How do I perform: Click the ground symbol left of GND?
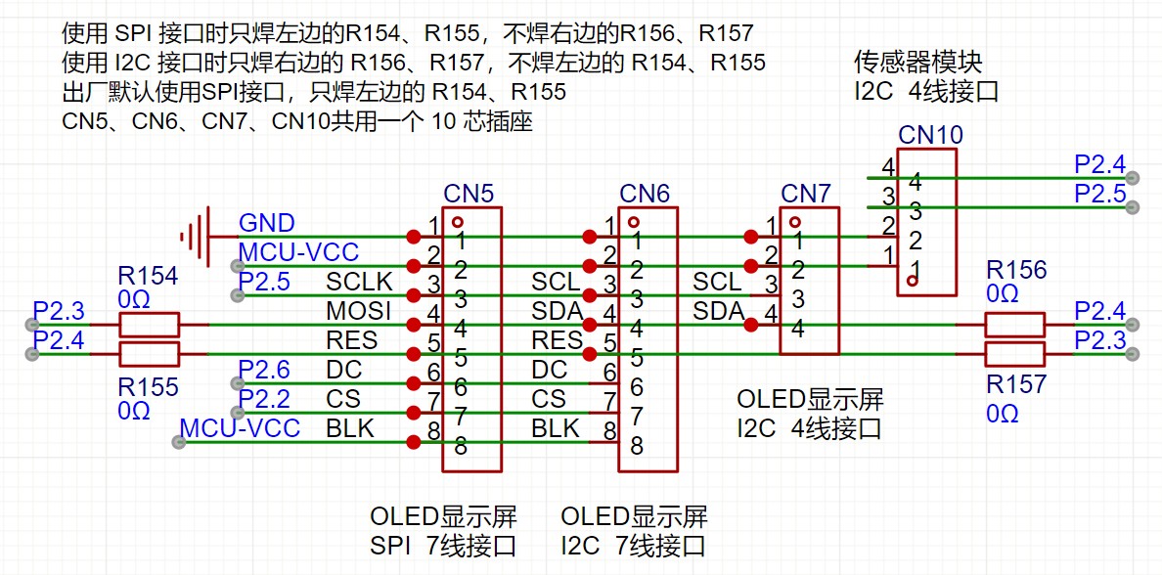pos(195,237)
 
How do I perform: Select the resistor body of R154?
pos(149,325)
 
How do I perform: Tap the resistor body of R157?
pos(1014,353)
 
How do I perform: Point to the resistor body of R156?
pos(1014,325)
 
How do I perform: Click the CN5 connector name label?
pos(469,193)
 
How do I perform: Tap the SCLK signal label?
pos(359,283)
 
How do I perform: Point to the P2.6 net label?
pos(264,370)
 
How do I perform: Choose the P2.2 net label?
pos(264,399)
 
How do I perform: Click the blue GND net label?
pos(267,224)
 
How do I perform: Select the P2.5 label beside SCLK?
pos(264,283)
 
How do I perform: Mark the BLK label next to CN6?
pos(556,428)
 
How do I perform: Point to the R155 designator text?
pos(148,387)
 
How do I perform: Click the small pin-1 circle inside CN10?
pos(912,281)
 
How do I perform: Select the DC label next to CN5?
pos(343,370)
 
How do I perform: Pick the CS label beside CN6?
pos(549,399)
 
